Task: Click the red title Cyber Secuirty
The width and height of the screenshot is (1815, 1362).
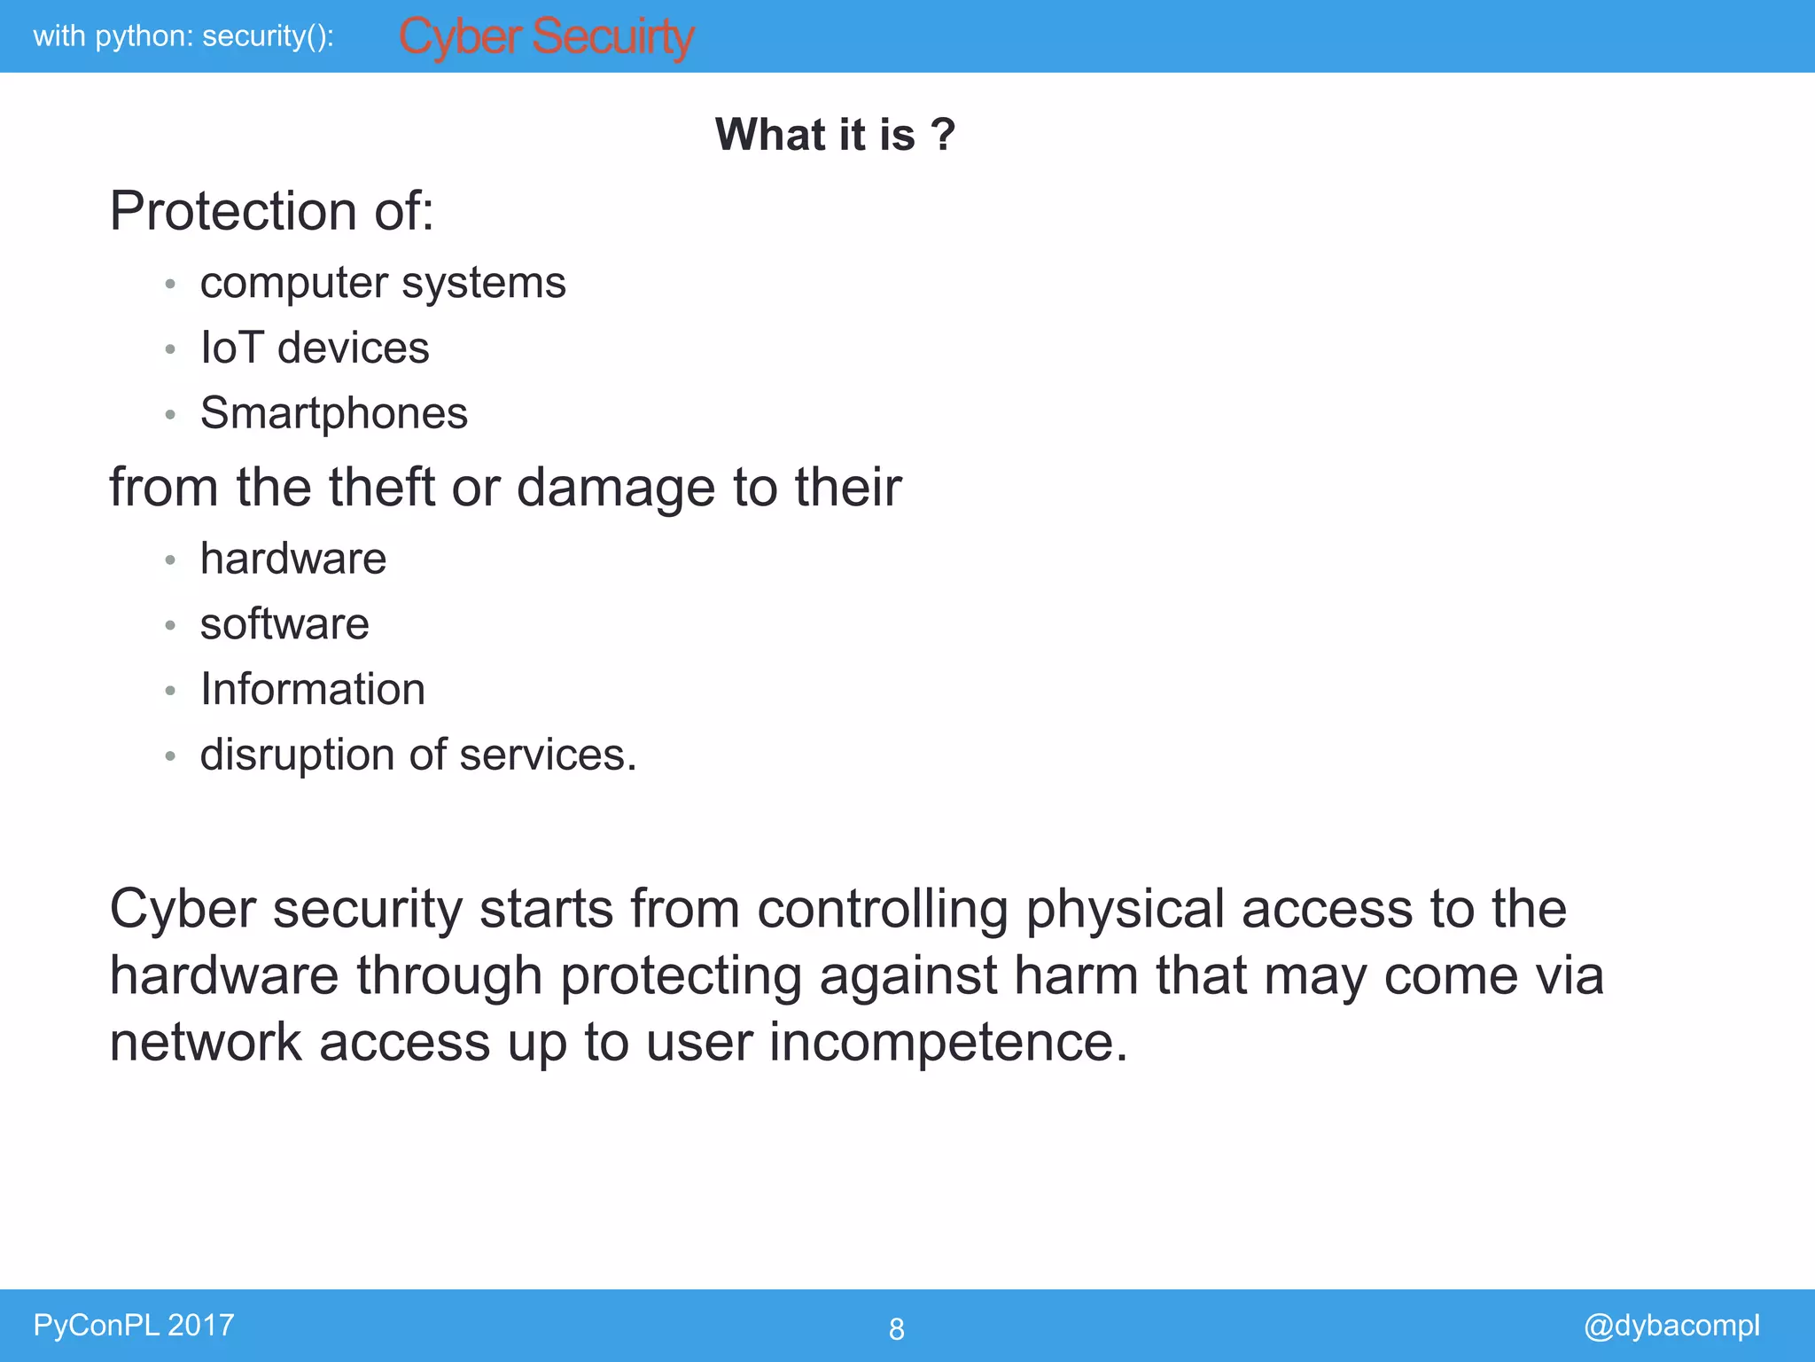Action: tap(546, 37)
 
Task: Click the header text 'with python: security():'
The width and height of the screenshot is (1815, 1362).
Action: tap(183, 36)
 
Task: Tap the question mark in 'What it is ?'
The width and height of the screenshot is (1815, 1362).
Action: tap(943, 135)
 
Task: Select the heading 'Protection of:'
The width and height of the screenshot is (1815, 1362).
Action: tap(271, 211)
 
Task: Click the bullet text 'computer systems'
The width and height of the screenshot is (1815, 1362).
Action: tap(382, 284)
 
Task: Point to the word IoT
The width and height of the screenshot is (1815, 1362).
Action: tap(231, 348)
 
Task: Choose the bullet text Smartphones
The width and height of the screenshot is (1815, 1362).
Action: tap(333, 413)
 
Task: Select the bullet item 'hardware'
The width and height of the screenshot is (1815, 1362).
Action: tap(292, 559)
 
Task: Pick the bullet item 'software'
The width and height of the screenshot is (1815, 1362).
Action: tap(284, 624)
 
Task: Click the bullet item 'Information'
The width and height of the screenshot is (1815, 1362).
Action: tap(312, 689)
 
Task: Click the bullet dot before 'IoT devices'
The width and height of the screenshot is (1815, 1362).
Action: tap(170, 349)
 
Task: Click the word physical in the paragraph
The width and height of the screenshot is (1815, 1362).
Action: tap(1124, 910)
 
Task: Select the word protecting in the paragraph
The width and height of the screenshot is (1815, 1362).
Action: tap(681, 975)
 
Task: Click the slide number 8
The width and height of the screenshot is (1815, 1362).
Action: tap(896, 1328)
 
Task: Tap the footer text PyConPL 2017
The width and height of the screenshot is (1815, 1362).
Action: tap(134, 1325)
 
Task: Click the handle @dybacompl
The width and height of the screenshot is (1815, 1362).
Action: tap(1671, 1325)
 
